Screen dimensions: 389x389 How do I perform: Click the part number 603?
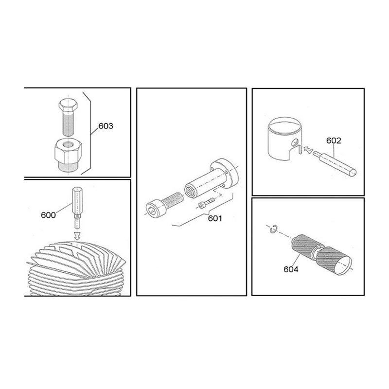[106, 126]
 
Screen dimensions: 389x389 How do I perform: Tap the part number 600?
[48, 215]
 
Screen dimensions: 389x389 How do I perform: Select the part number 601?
[215, 218]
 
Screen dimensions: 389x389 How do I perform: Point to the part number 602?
[334, 141]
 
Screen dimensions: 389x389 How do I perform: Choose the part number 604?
[291, 269]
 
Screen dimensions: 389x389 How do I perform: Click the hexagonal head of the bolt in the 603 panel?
[68, 105]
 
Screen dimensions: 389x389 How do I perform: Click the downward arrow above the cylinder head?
[77, 236]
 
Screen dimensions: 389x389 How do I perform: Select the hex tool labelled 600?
[77, 208]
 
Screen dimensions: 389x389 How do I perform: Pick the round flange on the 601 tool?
[225, 173]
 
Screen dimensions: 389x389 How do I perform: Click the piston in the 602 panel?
[285, 139]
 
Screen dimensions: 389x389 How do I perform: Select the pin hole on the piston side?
[295, 142]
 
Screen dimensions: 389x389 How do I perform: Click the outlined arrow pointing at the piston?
[308, 150]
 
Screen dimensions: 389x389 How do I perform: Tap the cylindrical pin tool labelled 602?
[335, 163]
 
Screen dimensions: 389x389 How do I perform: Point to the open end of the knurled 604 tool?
[343, 265]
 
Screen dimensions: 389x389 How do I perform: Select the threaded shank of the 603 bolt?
[69, 124]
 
